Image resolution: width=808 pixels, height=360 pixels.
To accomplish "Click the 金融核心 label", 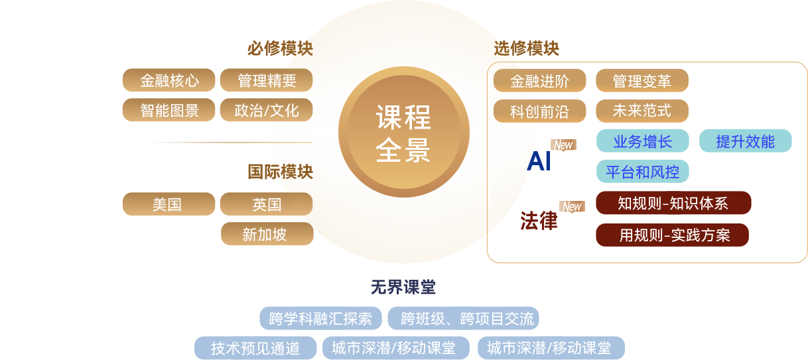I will [169, 81].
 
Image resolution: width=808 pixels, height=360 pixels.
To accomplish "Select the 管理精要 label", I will [267, 81].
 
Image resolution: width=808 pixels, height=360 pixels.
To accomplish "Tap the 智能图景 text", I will [169, 110].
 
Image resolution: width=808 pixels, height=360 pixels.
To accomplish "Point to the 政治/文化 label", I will [267, 110].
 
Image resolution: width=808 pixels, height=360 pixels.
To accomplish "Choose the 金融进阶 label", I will [539, 81].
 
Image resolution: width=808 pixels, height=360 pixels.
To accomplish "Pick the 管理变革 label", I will [641, 81].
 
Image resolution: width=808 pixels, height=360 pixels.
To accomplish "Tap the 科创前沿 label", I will [539, 111].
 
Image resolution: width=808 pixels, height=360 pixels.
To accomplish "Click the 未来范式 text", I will [641, 110].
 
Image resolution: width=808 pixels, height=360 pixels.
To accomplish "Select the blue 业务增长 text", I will [642, 141].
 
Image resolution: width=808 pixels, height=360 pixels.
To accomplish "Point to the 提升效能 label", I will [745, 141].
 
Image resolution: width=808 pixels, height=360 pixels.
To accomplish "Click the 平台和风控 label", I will [642, 172].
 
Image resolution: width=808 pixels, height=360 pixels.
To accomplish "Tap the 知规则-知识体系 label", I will [673, 203].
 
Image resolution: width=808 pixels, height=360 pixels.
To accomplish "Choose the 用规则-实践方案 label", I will [675, 235].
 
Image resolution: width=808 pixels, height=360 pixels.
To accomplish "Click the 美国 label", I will [167, 204].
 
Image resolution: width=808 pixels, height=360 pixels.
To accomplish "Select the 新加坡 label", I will [264, 234].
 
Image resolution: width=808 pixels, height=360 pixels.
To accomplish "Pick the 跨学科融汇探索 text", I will [320, 318].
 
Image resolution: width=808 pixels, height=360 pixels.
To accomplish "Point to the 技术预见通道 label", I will [255, 348].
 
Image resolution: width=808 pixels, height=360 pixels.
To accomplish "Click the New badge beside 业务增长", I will [563, 145].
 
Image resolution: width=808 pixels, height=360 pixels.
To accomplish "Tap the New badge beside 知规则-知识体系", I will [571, 206].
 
